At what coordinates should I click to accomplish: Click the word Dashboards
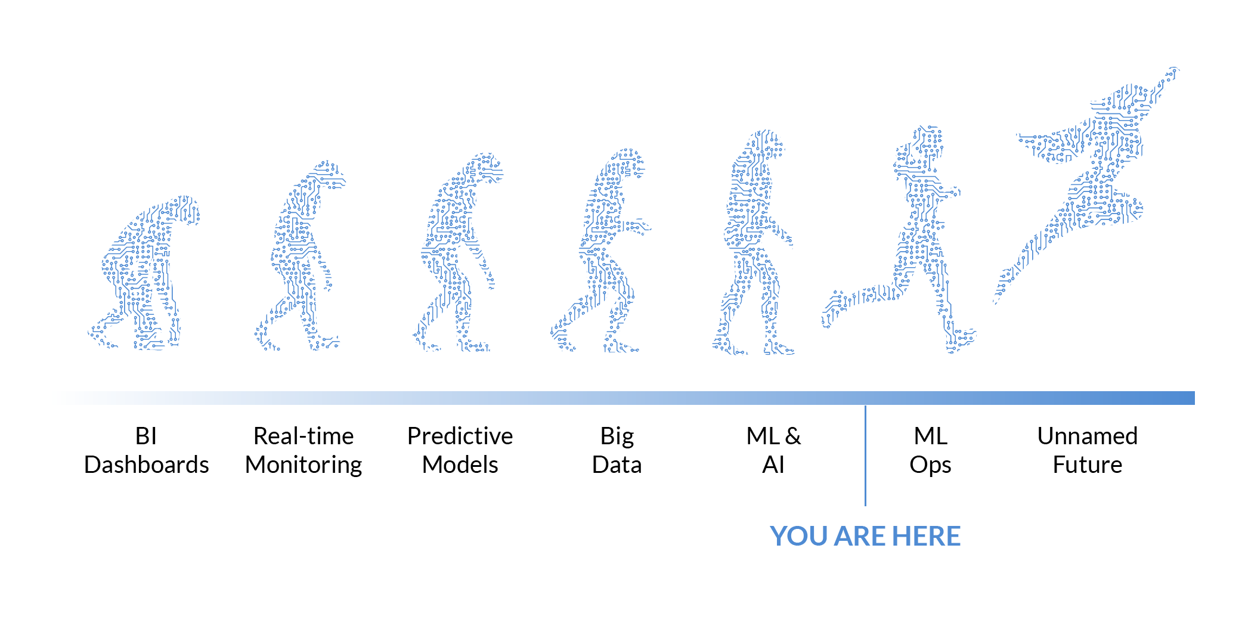point(147,465)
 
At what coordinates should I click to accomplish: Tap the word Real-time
point(303,436)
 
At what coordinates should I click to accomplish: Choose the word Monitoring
point(303,465)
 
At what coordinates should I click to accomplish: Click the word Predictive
point(460,436)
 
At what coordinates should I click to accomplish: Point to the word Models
point(460,465)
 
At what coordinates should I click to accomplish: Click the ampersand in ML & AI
point(793,436)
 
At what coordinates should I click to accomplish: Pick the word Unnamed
point(1087,436)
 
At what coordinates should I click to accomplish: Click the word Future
point(1087,465)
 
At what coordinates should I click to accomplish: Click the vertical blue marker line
point(865,456)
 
